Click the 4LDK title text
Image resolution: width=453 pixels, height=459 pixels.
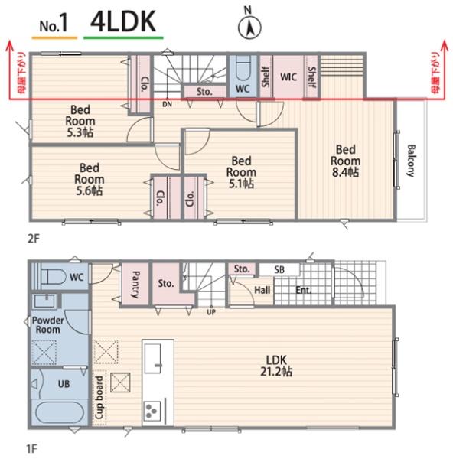coord(123,21)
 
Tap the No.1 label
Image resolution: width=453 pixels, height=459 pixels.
coord(54,24)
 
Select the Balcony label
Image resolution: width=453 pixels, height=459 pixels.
coord(411,161)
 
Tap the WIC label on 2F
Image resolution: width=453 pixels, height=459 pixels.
coord(288,77)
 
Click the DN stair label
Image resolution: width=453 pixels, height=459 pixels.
coord(168,104)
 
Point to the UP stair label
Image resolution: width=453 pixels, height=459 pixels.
coord(211,312)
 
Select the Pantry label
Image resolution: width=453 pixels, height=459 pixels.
coord(135,285)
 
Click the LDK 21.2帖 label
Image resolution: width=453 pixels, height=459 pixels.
coord(276,366)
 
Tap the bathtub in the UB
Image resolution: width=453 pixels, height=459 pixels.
coord(60,412)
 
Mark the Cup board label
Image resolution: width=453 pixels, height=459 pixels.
coord(99,397)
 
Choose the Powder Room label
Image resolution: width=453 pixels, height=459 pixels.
coord(47,325)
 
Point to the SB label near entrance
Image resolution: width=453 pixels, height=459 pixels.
coord(279,269)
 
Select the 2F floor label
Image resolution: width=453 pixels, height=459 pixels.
coord(33,239)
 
